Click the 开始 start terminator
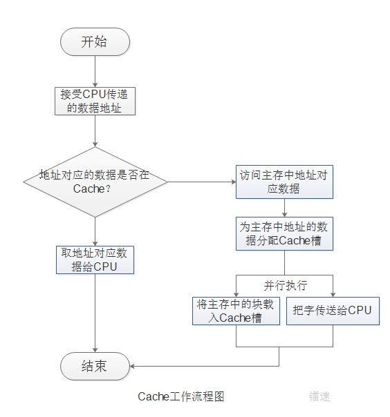pyautogui.click(x=95, y=42)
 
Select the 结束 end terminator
pyautogui.click(x=95, y=366)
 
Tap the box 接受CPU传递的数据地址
pyautogui.click(x=95, y=101)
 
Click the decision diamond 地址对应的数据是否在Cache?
pyautogui.click(x=95, y=182)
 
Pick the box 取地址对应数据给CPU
pyautogui.click(x=95, y=260)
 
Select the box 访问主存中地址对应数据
pyautogui.click(x=284, y=182)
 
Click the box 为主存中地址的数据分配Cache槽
pyautogui.click(x=284, y=234)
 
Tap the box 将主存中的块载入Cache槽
pyautogui.click(x=236, y=311)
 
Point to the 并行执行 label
pyautogui.click(x=285, y=285)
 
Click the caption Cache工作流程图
pyautogui.click(x=181, y=396)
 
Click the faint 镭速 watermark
pyautogui.click(x=319, y=396)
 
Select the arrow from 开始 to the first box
pyautogui.click(x=95, y=71)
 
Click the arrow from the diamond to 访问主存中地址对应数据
pyautogui.click(x=201, y=182)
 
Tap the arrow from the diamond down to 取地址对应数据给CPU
pyautogui.click(x=95, y=231)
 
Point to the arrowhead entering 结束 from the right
pyautogui.click(x=133, y=366)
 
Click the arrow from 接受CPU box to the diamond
pyautogui.click(x=95, y=131)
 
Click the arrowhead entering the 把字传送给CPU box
pyautogui.click(x=333, y=293)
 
